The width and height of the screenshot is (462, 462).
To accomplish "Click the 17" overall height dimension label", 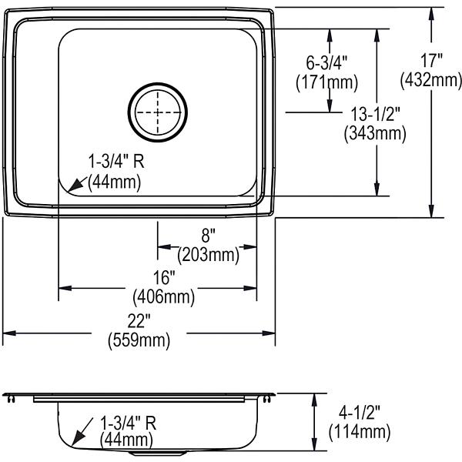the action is (431, 61).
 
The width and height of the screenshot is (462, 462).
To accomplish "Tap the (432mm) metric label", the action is (431, 80).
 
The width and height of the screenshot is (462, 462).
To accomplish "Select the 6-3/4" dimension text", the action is (326, 62).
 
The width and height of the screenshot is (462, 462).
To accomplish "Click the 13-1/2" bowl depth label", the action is (375, 114).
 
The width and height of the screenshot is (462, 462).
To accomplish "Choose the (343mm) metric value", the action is (375, 133).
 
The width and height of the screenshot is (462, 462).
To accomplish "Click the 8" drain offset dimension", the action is (209, 236).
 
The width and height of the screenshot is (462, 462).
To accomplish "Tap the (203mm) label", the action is (209, 255).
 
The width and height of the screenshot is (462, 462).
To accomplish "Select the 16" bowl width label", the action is (164, 277).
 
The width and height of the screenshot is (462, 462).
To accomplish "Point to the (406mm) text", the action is (164, 296).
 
